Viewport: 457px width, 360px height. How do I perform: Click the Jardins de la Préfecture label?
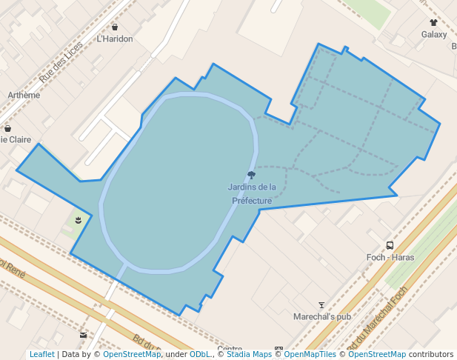pyautogui.click(x=252, y=194)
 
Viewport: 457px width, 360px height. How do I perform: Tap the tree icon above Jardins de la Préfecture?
pyautogui.click(x=252, y=176)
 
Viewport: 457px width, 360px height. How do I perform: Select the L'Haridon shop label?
pyautogui.click(x=115, y=39)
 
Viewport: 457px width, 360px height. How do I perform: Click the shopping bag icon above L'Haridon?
pyautogui.click(x=115, y=27)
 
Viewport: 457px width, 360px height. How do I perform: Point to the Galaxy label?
pyautogui.click(x=434, y=34)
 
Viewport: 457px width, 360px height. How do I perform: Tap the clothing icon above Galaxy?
pyautogui.click(x=434, y=23)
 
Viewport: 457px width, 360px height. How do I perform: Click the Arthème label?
pyautogui.click(x=24, y=95)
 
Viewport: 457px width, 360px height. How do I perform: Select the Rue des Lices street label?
pyautogui.click(x=61, y=62)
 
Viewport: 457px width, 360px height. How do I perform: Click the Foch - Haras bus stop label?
pyautogui.click(x=390, y=257)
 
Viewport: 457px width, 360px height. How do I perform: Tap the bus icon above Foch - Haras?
pyautogui.click(x=390, y=245)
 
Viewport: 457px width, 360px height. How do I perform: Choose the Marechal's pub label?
pyautogui.click(x=321, y=316)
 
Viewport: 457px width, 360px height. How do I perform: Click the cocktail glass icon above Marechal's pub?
pyautogui.click(x=321, y=304)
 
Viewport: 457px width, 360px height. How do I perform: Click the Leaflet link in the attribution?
pyautogui.click(x=41, y=354)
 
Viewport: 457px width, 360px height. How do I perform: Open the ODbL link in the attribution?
pyautogui.click(x=200, y=354)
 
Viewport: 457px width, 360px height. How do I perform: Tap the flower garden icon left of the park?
pyautogui.click(x=79, y=219)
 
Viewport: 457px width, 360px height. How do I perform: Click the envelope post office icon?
pyautogui.click(x=83, y=335)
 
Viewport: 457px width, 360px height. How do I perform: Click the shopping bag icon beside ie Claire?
pyautogui.click(x=7, y=127)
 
